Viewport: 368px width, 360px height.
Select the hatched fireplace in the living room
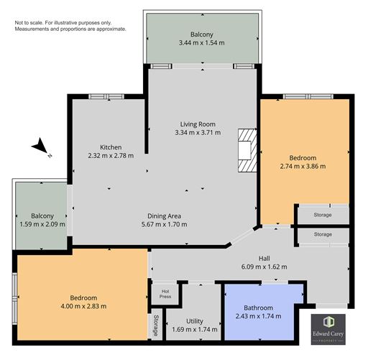point(247,151)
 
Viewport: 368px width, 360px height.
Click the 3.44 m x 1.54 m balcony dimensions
point(202,44)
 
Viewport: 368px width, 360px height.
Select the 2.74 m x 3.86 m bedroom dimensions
point(302,166)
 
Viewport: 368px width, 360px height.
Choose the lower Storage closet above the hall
point(323,234)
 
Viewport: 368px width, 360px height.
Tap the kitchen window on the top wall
point(106,96)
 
